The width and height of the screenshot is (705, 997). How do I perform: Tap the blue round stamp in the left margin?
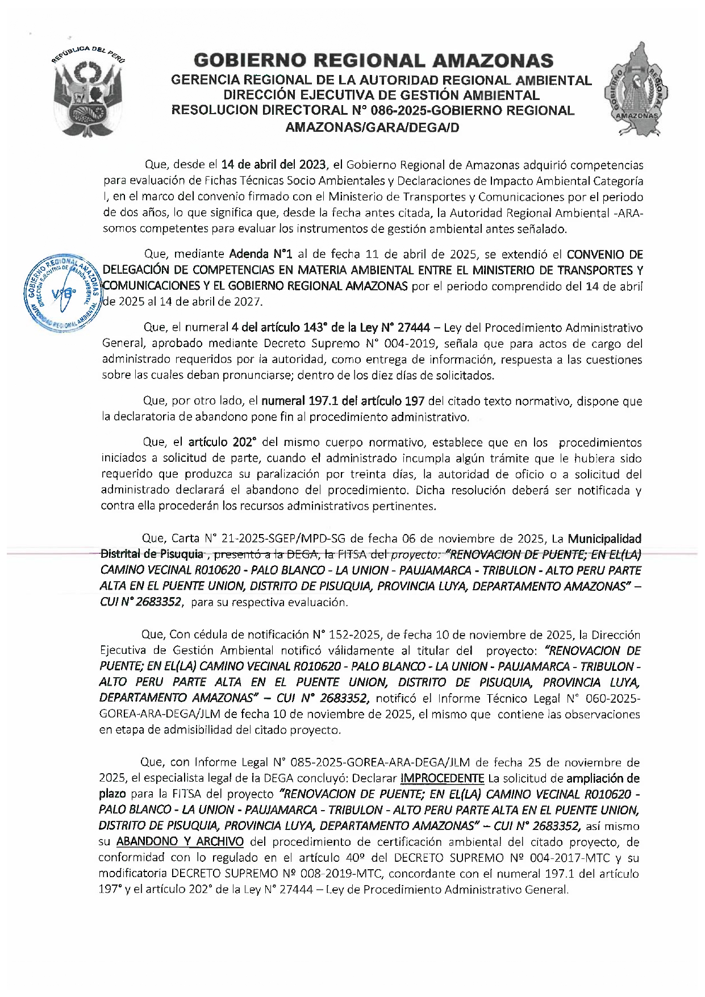click(63, 292)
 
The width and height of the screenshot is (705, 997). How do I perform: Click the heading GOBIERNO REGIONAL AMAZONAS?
click(373, 60)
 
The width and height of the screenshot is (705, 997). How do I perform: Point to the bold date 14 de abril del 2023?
click(274, 165)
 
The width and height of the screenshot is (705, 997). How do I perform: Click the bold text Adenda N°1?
click(260, 255)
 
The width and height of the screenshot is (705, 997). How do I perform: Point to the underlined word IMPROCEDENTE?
click(442, 778)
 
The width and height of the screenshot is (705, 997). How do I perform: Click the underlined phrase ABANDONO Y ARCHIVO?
click(180, 842)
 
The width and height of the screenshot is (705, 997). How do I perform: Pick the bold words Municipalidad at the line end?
click(604, 539)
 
